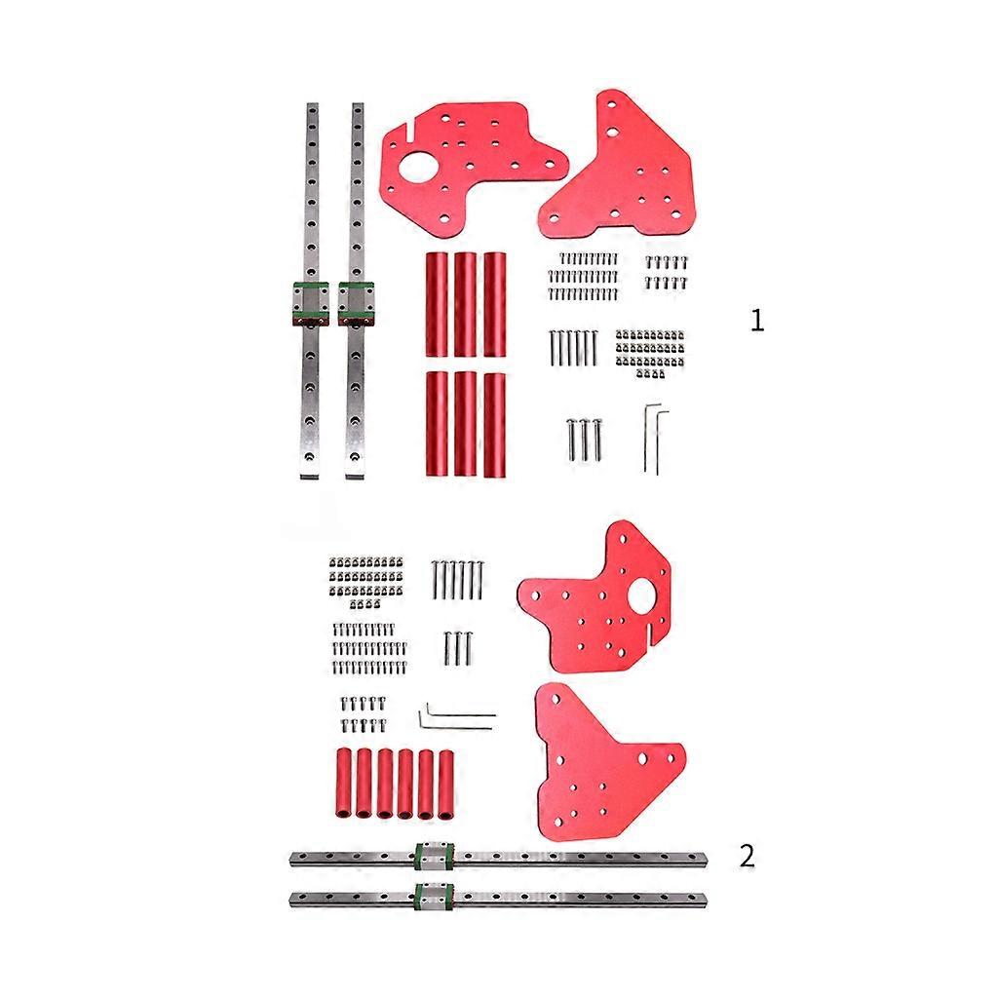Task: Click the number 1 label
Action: (757, 320)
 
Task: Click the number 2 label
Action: (747, 857)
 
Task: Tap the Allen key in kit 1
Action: (654, 438)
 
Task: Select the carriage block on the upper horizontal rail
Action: (432, 857)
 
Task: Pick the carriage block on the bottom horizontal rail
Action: (432, 897)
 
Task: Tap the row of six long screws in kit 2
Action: (457, 582)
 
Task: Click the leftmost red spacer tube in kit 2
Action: (344, 782)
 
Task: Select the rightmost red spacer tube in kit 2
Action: (447, 782)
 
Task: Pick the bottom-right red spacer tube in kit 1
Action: (495, 424)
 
